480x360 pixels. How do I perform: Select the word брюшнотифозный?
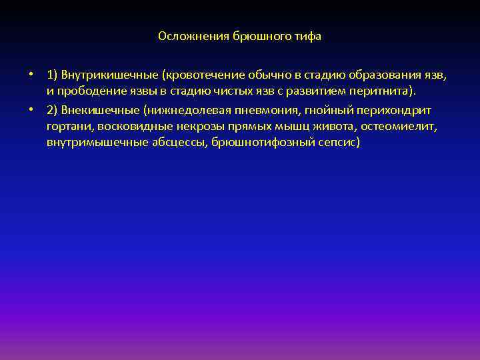pos(259,143)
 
